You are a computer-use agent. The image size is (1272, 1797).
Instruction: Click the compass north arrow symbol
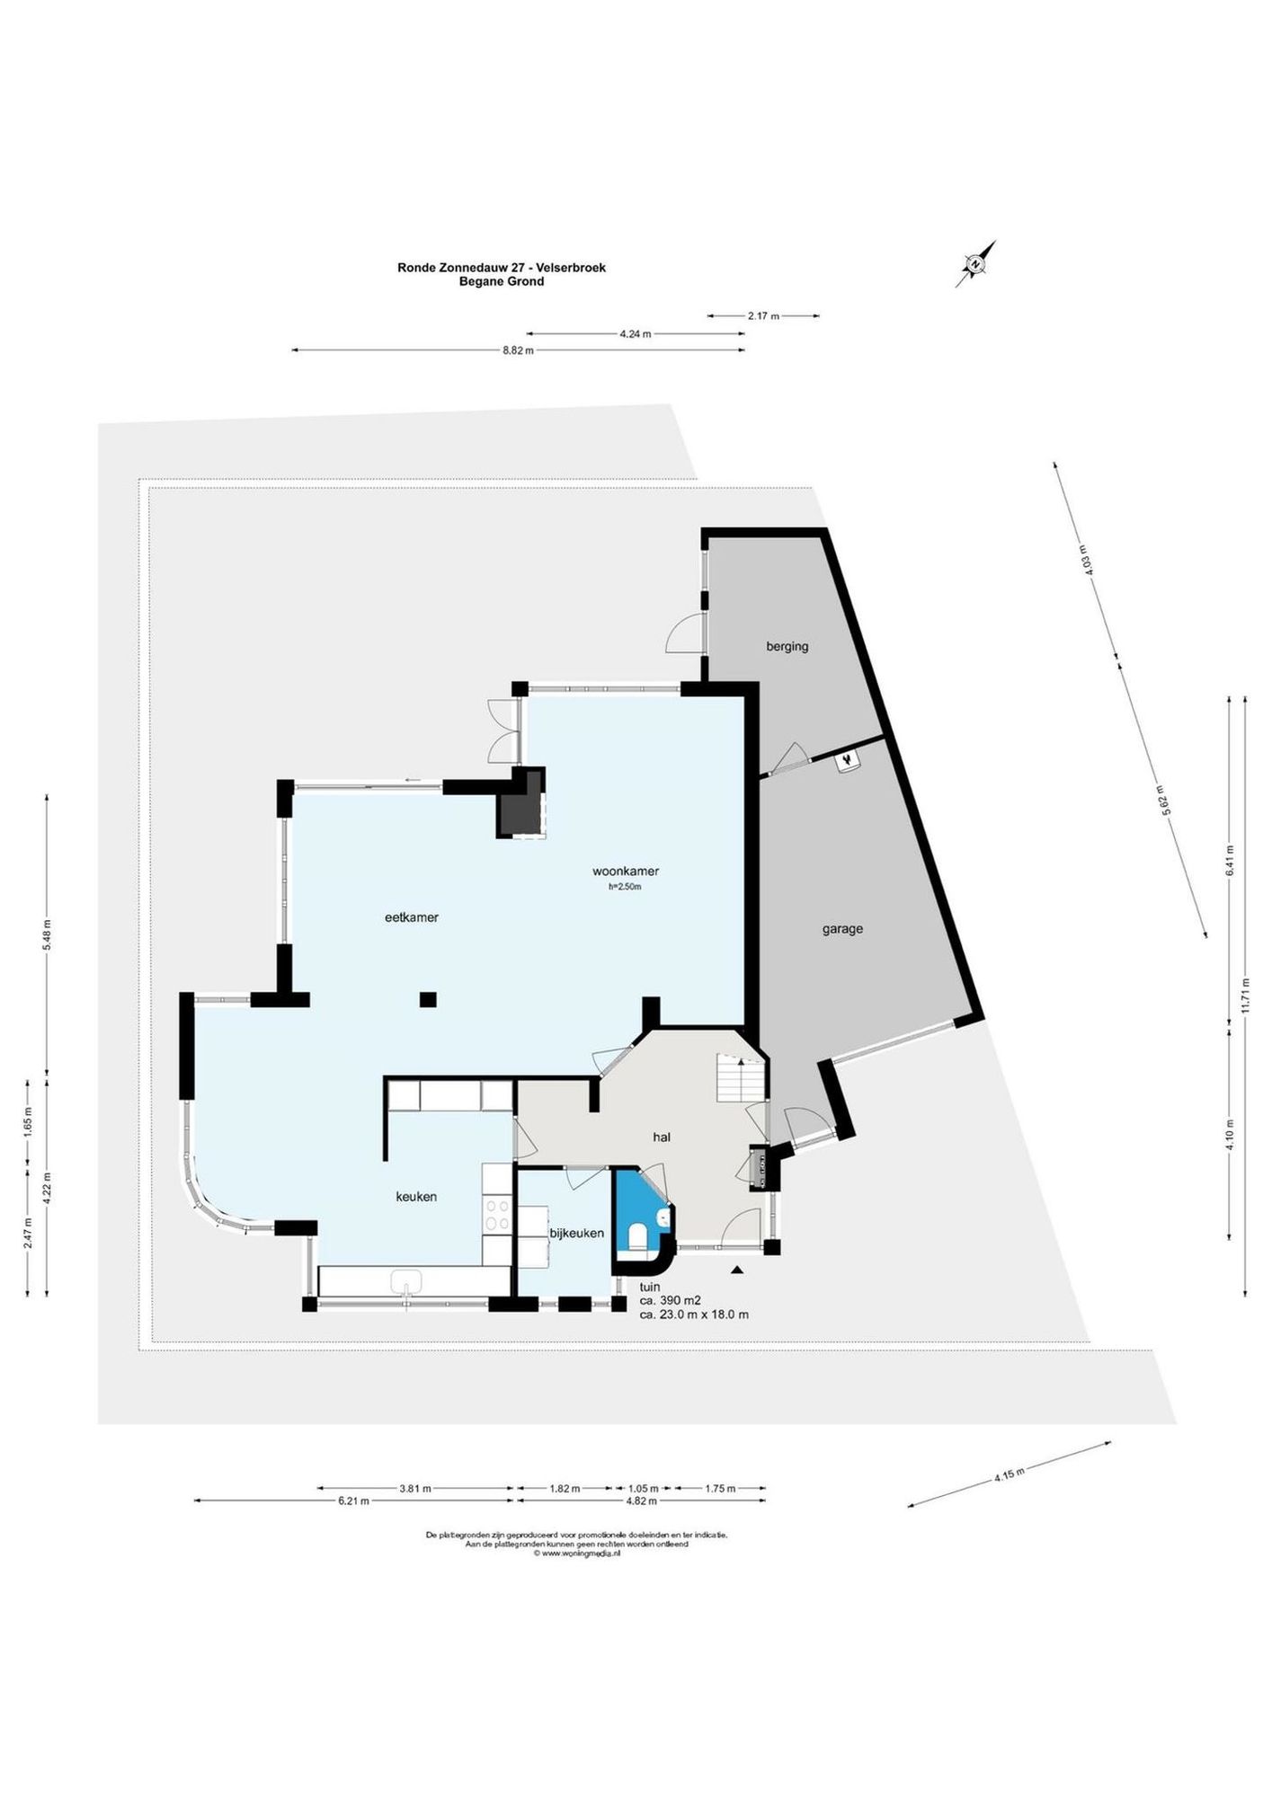pyautogui.click(x=975, y=264)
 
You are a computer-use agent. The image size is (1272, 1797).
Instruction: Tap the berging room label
pyautogui.click(x=787, y=646)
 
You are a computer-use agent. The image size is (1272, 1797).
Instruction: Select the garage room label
pyautogui.click(x=842, y=929)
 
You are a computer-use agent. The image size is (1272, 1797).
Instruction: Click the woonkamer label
pyautogui.click(x=626, y=871)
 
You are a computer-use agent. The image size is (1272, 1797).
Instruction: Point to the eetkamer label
pyautogui.click(x=411, y=917)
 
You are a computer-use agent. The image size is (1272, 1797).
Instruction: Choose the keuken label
pyautogui.click(x=416, y=1197)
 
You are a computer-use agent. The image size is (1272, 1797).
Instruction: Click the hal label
pyautogui.click(x=662, y=1137)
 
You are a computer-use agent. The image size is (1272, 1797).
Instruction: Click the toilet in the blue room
pyautogui.click(x=637, y=1236)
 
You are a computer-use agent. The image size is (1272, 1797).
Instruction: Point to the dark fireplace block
pyautogui.click(x=522, y=802)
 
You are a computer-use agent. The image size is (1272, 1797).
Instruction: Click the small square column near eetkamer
pyautogui.click(x=428, y=999)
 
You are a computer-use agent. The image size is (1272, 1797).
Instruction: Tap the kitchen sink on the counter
pyautogui.click(x=407, y=1281)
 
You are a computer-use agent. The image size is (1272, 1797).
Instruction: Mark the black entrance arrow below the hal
pyautogui.click(x=737, y=1270)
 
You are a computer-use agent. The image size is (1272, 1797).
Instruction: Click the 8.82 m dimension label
pyautogui.click(x=518, y=350)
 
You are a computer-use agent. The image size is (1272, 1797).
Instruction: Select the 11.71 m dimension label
pyautogui.click(x=1245, y=995)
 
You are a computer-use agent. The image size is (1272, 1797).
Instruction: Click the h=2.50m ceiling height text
pyautogui.click(x=625, y=887)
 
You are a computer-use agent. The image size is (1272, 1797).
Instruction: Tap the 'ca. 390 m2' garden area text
pyautogui.click(x=670, y=1300)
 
